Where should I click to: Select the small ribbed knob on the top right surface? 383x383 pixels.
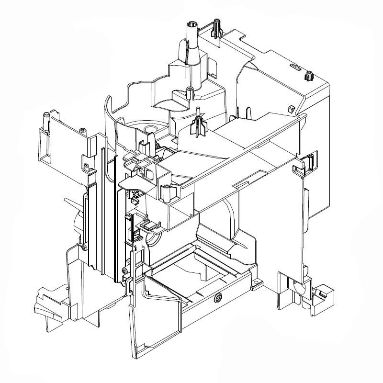tap(308, 76)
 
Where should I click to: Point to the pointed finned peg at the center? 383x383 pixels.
tap(197, 125)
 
